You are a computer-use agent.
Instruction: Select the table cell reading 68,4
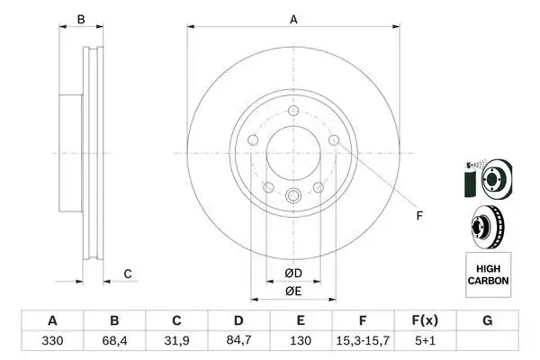pyautogui.click(x=113, y=342)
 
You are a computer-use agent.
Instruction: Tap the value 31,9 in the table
pyautogui.click(x=176, y=342)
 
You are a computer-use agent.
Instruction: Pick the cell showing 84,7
pyautogui.click(x=238, y=342)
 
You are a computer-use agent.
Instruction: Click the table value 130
pyautogui.click(x=301, y=342)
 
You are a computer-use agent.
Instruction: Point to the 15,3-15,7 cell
pyautogui.click(x=364, y=342)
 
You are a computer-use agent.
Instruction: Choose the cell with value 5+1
pyautogui.click(x=426, y=342)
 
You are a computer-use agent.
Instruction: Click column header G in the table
pyautogui.click(x=488, y=320)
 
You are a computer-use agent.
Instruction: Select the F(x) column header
pyautogui.click(x=426, y=320)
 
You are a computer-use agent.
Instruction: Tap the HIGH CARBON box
pyautogui.click(x=488, y=274)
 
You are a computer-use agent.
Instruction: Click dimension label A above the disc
pyautogui.click(x=292, y=19)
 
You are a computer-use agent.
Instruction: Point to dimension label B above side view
pyautogui.click(x=80, y=19)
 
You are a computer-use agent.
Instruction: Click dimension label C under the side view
pyautogui.click(x=128, y=274)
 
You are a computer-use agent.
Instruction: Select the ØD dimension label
pyautogui.click(x=292, y=273)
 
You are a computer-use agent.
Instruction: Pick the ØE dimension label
pyautogui.click(x=292, y=290)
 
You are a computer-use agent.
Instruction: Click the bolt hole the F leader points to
pyautogui.click(x=334, y=139)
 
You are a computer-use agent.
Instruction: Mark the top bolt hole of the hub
pyautogui.click(x=292, y=110)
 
